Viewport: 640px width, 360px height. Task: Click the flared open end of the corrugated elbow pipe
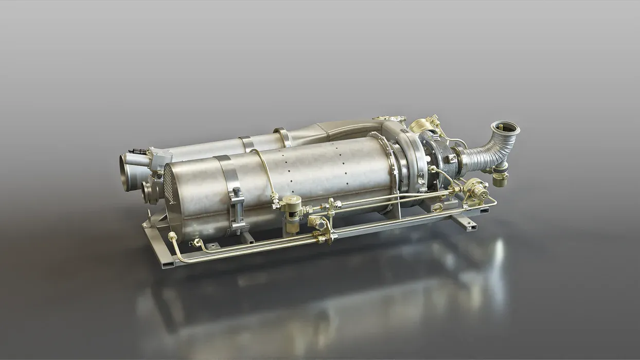click(x=505, y=127)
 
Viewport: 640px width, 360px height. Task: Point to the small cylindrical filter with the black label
click(x=293, y=208)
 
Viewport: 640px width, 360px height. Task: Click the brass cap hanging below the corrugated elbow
click(x=499, y=179)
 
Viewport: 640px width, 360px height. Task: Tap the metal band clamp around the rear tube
click(x=247, y=143)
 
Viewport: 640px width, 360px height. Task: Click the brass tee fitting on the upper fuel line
click(x=331, y=206)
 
